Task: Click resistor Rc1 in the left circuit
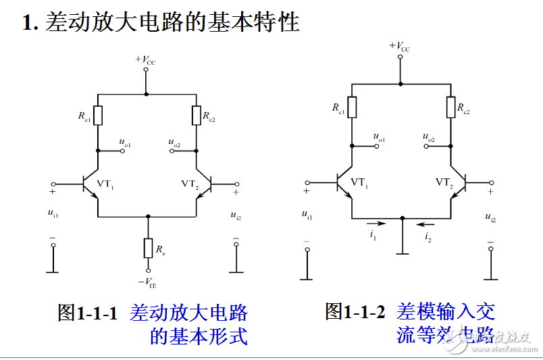click(x=98, y=115)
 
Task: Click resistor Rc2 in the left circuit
click(x=196, y=115)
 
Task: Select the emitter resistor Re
click(x=148, y=249)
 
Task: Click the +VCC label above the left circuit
click(x=145, y=61)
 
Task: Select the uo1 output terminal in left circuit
click(x=123, y=151)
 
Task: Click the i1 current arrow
click(x=373, y=222)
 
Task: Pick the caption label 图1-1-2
click(x=355, y=311)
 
